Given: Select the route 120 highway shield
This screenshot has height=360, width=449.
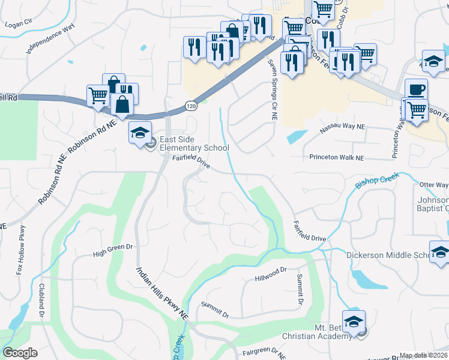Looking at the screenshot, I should tap(189, 104).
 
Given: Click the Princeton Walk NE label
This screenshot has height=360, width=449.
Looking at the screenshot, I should tap(337, 158).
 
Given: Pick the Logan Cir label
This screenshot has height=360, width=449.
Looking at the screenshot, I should tap(17, 23).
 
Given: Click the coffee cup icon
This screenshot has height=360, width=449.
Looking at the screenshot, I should tap(416, 89).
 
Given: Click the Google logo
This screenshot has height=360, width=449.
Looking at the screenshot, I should tap(20, 353).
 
